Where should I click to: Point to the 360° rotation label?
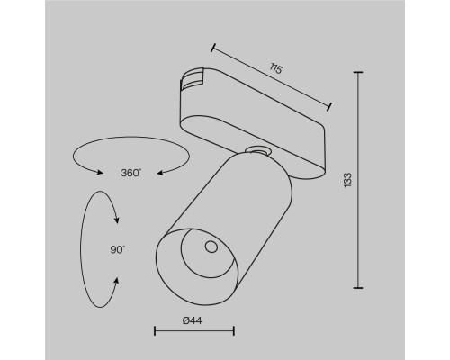[130, 173]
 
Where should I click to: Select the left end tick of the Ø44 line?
[156, 332]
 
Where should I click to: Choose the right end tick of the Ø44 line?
[234, 332]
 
